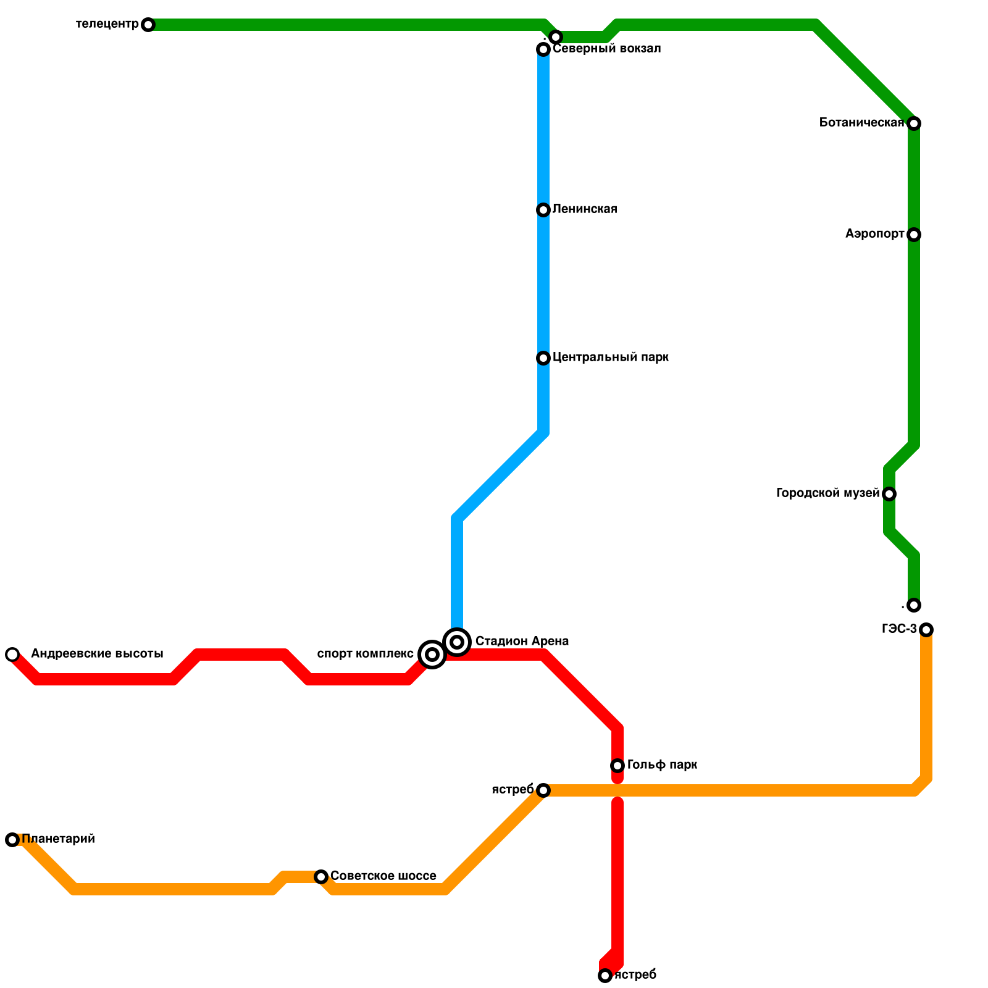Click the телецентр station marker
tap(148, 25)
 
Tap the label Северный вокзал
tap(606, 49)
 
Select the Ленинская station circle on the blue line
tap(543, 210)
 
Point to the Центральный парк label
tap(610, 358)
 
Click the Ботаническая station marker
tap(914, 124)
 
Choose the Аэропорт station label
tap(874, 235)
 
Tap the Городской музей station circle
tap(889, 494)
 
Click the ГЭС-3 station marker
tap(926, 630)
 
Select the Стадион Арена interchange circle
tap(457, 642)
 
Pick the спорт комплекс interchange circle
tap(432, 655)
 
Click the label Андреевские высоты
tap(97, 654)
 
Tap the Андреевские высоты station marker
tap(12, 655)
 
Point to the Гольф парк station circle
tap(617, 766)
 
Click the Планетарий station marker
tap(12, 840)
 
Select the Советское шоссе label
tap(383, 876)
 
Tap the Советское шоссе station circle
tap(321, 877)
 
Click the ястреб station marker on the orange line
tap(543, 790)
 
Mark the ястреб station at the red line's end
tap(605, 976)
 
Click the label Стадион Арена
tap(522, 642)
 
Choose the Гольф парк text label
tap(662, 765)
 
